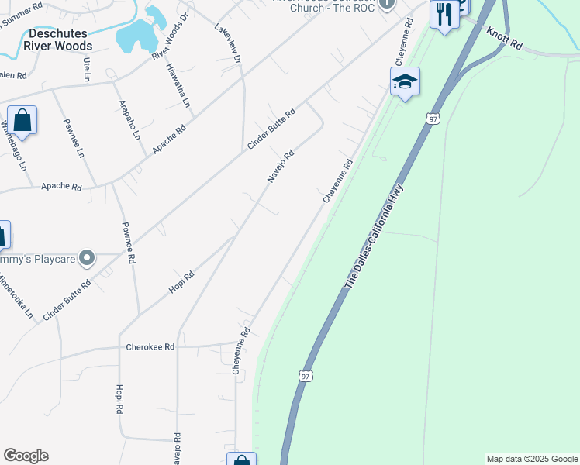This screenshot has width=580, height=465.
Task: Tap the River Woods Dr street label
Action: tap(171, 36)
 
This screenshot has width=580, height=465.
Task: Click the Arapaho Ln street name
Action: tap(129, 119)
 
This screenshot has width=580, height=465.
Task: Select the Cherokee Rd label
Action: tap(150, 347)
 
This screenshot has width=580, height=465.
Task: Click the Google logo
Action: tap(26, 456)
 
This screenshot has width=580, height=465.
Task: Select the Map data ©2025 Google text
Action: tap(531, 459)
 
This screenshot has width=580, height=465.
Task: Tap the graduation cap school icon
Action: tap(405, 82)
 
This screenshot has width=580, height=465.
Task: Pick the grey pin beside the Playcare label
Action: tap(88, 257)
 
